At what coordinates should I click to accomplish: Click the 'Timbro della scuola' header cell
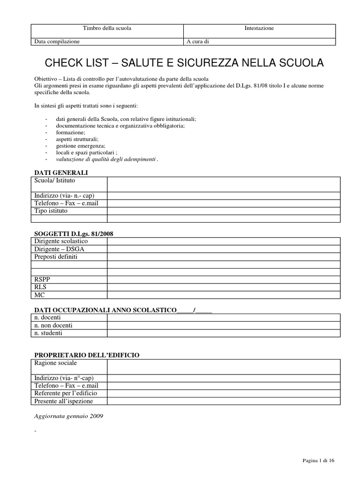[x=107, y=28]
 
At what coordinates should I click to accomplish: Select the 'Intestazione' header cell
[x=259, y=28]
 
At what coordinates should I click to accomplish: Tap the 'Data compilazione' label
[x=57, y=41]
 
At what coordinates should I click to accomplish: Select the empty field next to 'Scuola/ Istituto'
[x=223, y=184]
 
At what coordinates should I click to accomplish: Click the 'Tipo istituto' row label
[x=51, y=210]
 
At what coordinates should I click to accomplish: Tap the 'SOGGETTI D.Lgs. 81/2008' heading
[x=74, y=233]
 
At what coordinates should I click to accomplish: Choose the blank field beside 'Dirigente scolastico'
[x=223, y=241]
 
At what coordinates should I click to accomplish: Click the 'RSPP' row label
[x=42, y=279]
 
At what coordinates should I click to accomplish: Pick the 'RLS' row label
[x=40, y=287]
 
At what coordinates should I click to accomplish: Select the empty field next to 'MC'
[x=223, y=295]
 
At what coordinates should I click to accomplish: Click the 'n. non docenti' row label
[x=53, y=325]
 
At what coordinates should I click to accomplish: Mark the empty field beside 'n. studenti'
[x=223, y=333]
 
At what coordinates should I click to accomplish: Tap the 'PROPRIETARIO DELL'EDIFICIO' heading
[x=87, y=355]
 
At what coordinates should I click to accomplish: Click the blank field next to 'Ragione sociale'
[x=223, y=367]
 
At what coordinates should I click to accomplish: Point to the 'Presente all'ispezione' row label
[x=64, y=401]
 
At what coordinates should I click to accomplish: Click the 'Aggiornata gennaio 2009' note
[x=69, y=416]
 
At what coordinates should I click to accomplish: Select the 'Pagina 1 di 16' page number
[x=318, y=461]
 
